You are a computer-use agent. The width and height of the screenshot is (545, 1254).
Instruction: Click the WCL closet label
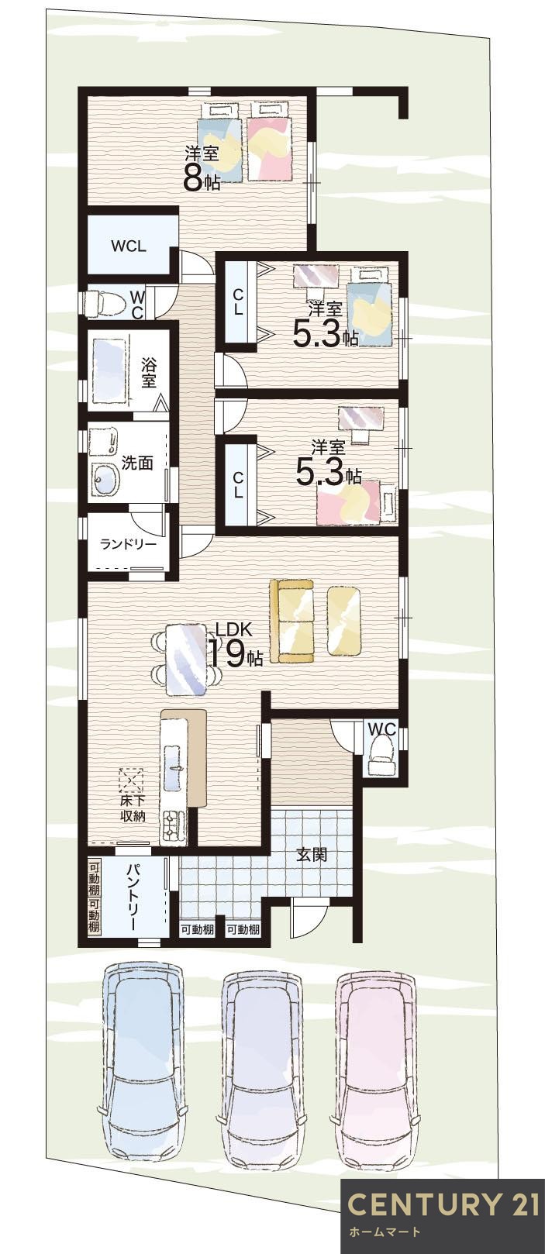click(129, 246)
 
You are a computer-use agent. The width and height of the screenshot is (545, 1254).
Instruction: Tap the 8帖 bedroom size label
click(202, 179)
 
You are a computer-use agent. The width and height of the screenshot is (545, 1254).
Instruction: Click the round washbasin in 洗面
click(105, 481)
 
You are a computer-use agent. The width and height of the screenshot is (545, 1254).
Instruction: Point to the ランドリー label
click(129, 544)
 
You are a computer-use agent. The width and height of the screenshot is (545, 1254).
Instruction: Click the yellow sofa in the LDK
click(291, 621)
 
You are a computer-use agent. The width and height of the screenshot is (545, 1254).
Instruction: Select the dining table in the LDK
click(186, 659)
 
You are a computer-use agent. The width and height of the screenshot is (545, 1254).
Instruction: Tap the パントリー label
click(133, 897)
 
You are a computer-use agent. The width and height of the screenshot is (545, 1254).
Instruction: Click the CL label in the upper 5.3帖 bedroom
click(238, 301)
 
